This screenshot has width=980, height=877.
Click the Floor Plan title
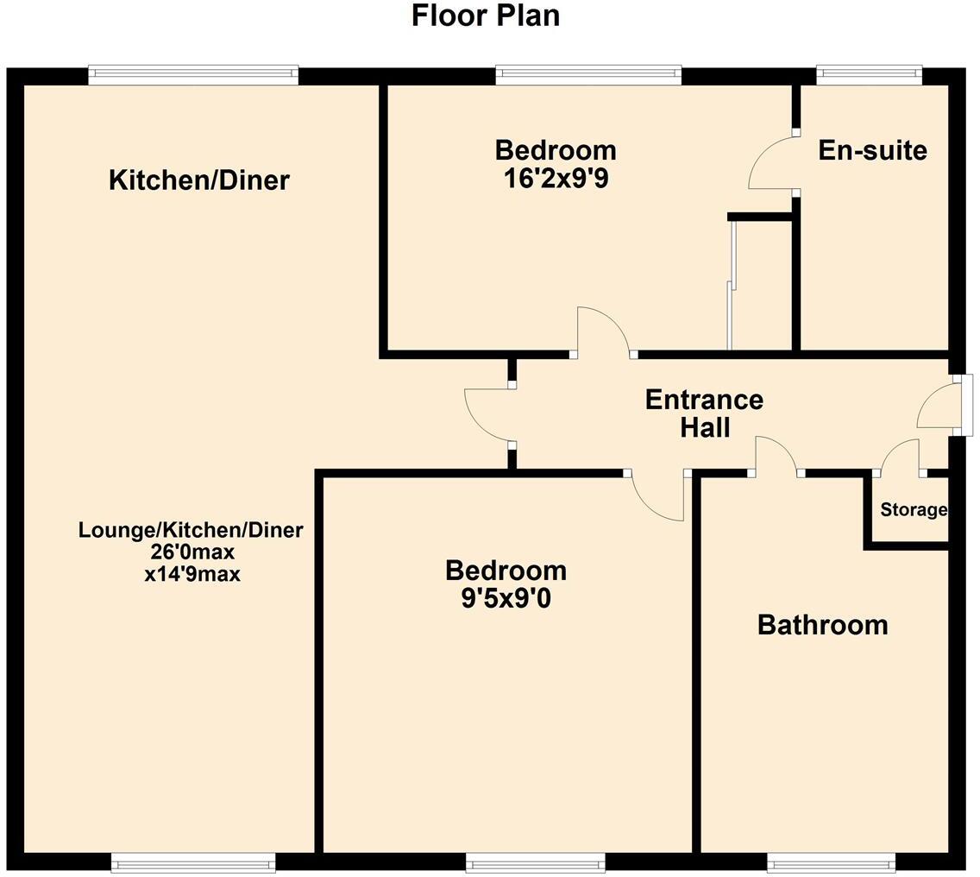pos(486,16)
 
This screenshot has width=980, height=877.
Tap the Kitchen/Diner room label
pos(199,180)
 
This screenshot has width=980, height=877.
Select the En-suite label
pos(872,151)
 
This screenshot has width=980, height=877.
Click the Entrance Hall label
pos(704,413)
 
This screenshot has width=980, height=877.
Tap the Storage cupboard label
pos(913,510)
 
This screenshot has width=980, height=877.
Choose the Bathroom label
pos(822,625)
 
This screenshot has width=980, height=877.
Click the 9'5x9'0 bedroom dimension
pos(506,597)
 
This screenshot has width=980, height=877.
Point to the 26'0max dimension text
pos(192,552)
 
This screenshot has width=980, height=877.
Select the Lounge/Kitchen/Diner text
pos(191,530)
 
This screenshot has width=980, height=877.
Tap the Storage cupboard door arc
pos(899,454)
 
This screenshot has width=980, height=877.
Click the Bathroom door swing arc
pos(776,452)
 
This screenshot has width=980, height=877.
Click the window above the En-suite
pos(869,76)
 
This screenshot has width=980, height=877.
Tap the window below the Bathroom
pos(831,861)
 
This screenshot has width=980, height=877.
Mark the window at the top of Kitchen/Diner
pos(193,76)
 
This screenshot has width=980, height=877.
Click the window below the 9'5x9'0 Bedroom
pos(535,861)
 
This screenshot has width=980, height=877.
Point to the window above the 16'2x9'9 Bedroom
pos(588,76)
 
